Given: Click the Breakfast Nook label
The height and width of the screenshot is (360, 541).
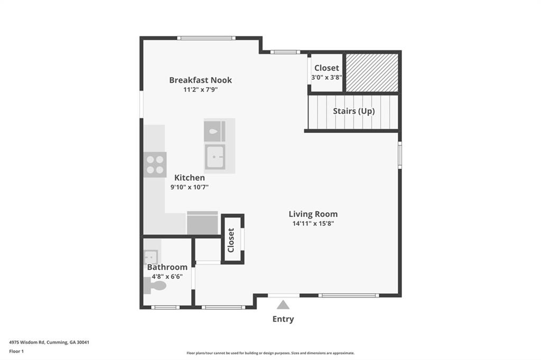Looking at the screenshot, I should [x=200, y=80].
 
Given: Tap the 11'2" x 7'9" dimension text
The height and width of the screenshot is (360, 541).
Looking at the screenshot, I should [x=200, y=90].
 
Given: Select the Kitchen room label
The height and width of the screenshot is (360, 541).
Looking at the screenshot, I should [x=189, y=178].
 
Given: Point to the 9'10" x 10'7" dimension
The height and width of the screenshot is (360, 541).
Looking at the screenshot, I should [x=189, y=187].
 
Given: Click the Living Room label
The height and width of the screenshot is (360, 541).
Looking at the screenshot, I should [x=313, y=214].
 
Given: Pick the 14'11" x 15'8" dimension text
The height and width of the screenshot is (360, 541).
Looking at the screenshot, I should [x=313, y=223].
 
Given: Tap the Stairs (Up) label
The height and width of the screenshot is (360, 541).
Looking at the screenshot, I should [x=353, y=111].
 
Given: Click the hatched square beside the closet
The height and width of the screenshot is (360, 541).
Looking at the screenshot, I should [x=372, y=72].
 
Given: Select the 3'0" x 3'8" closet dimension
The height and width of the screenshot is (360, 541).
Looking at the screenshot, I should [x=327, y=78].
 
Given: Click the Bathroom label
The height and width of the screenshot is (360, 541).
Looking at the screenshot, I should [x=167, y=267].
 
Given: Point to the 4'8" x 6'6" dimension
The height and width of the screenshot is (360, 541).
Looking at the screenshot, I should [x=167, y=276].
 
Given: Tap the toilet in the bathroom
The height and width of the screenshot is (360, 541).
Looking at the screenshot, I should [x=155, y=286].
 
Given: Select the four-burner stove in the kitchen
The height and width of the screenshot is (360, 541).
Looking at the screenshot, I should [x=155, y=164].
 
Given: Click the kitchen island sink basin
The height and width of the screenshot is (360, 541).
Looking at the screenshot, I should [x=215, y=157].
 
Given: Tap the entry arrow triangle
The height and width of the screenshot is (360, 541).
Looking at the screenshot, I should [x=283, y=305].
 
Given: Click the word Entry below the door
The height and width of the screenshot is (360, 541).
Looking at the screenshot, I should [x=283, y=319].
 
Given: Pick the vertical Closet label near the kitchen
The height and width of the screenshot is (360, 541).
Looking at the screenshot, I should [x=231, y=240].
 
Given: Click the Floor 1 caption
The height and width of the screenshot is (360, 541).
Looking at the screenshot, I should [x=16, y=350].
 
